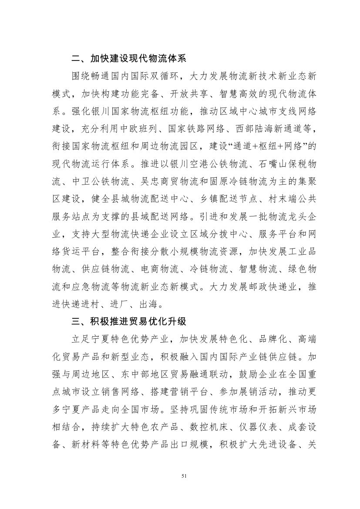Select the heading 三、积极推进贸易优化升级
129,322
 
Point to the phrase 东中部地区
158,375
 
